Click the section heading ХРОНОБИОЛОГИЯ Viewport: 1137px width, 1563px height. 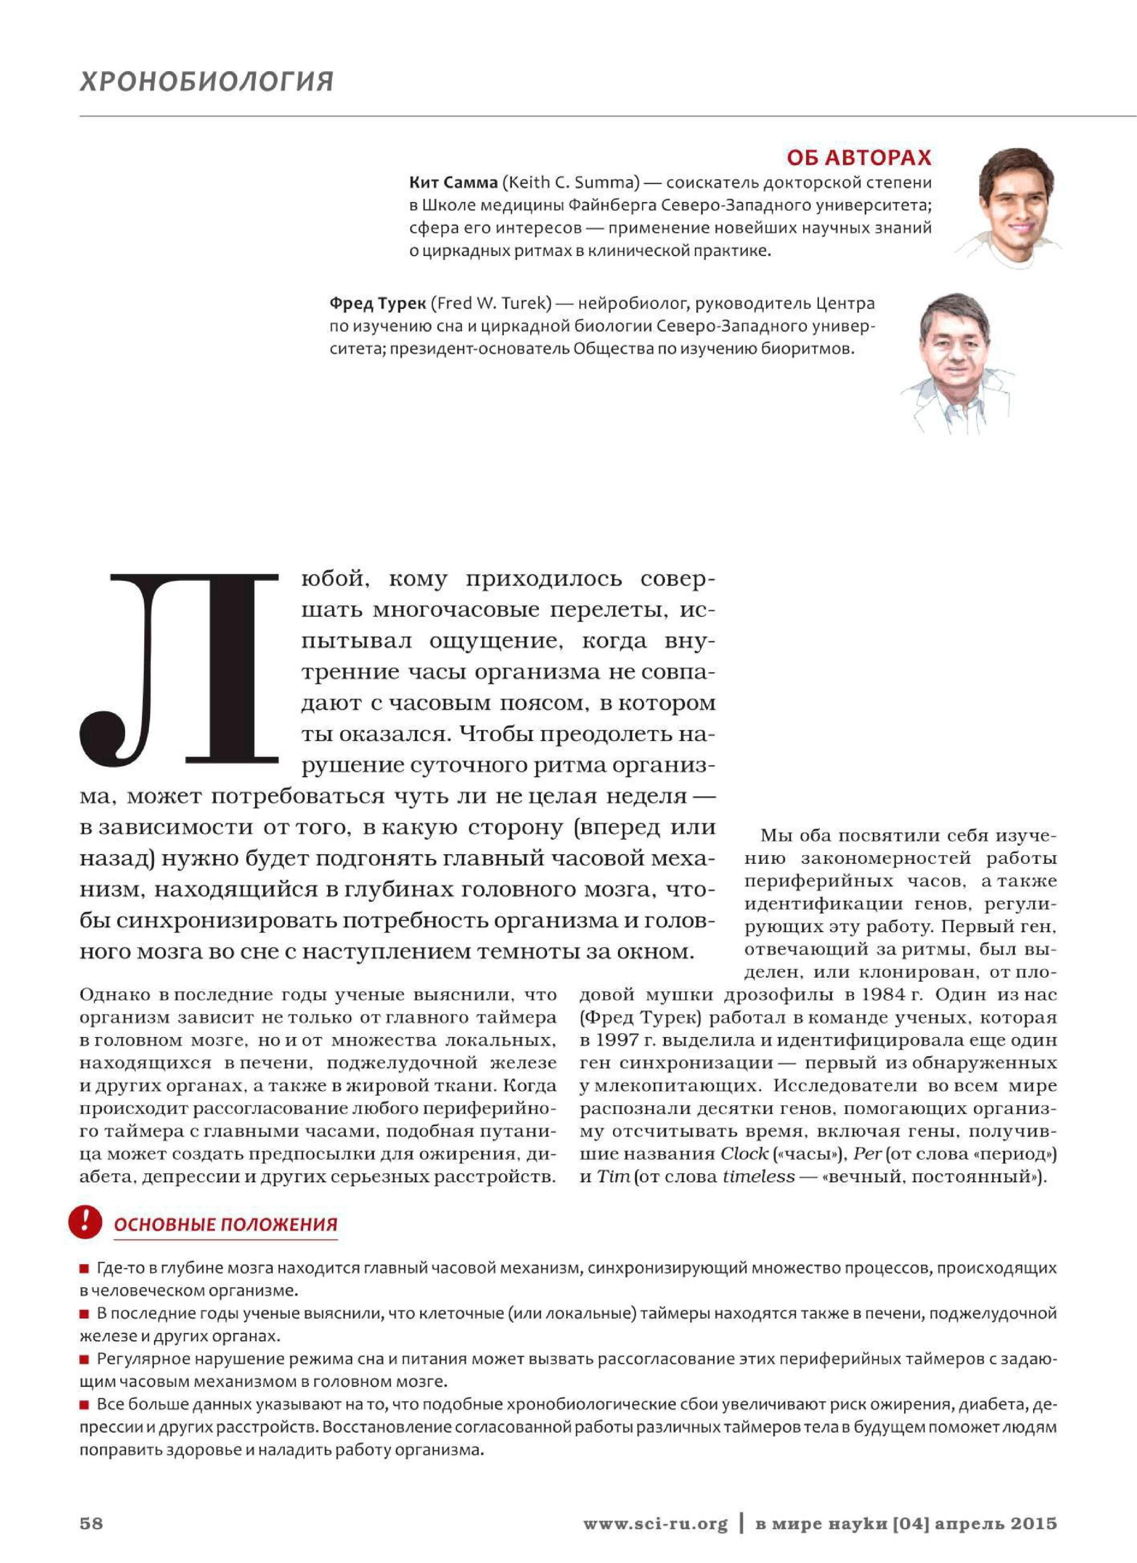tap(207, 81)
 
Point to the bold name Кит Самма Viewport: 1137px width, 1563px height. tap(453, 183)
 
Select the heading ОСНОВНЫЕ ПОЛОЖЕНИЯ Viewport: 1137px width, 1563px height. tap(225, 1225)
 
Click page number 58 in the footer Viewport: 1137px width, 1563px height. tap(91, 1523)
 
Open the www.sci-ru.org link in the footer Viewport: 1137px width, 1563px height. tap(655, 1523)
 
